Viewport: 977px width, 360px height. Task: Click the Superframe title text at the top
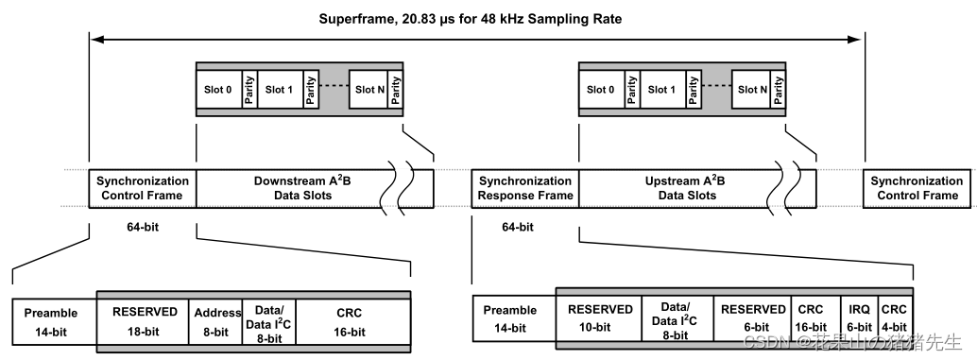[x=470, y=19]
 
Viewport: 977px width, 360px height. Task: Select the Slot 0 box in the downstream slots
[x=218, y=90]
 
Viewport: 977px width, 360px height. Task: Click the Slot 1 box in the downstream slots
[x=280, y=90]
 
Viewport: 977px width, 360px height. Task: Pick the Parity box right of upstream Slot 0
[x=632, y=90]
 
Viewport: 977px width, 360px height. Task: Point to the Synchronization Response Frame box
[x=525, y=188]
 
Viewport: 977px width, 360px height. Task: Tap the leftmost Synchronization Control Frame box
[x=143, y=188]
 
